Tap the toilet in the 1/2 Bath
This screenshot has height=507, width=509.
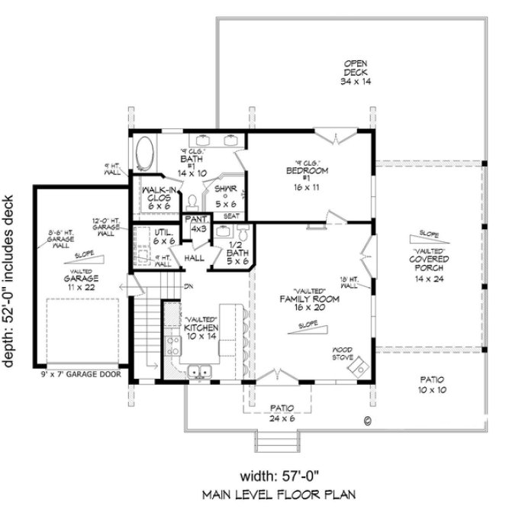pyautogui.click(x=243, y=233)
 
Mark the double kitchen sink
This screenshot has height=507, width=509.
pyautogui.click(x=201, y=373)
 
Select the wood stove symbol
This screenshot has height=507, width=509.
pyautogui.click(x=355, y=369)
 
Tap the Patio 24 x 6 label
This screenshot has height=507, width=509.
pyautogui.click(x=278, y=413)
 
